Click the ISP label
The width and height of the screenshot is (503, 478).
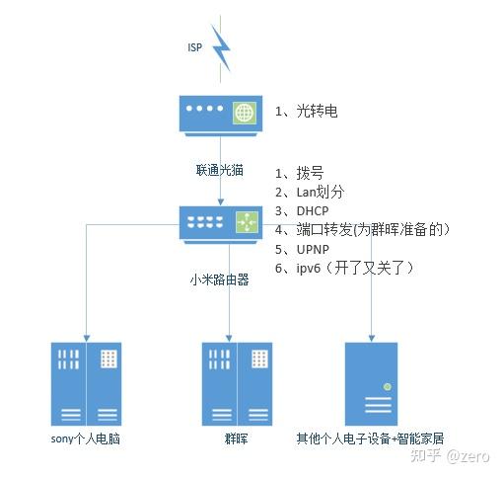(195, 47)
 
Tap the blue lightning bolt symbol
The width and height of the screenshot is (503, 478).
(221, 48)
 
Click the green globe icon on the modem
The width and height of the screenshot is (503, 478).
(245, 113)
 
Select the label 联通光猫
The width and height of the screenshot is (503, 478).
(220, 170)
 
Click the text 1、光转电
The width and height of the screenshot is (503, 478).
(306, 111)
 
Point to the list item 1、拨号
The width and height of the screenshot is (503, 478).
(299, 173)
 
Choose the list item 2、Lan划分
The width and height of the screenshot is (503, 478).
(310, 192)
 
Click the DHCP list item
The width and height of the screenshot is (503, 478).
(302, 210)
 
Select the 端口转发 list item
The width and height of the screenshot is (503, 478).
(362, 229)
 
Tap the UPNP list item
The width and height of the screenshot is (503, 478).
(302, 249)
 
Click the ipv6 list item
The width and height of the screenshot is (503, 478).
(344, 268)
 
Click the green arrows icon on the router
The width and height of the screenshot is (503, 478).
(248, 222)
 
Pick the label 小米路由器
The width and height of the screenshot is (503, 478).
(219, 279)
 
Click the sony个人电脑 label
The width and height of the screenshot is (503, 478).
(86, 438)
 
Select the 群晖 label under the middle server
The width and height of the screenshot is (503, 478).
(236, 438)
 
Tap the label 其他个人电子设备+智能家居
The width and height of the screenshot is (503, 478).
(370, 438)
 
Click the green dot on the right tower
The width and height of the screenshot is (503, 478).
(388, 387)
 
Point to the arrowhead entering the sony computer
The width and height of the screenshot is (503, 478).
(87, 339)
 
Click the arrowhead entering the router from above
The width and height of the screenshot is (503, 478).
(221, 202)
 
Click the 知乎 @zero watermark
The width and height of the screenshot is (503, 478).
(450, 456)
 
